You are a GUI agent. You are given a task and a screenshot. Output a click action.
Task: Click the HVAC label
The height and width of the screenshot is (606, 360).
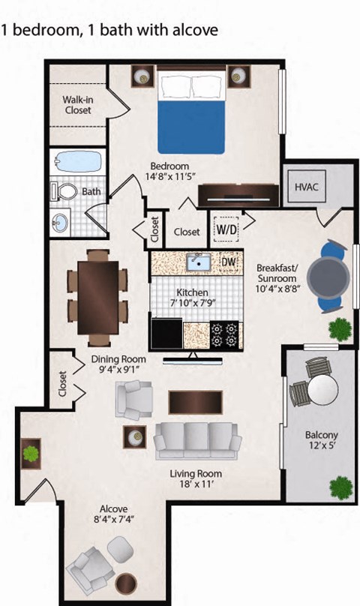(x=307, y=187)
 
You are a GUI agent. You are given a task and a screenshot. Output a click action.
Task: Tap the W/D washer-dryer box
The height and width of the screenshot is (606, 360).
(x=226, y=226)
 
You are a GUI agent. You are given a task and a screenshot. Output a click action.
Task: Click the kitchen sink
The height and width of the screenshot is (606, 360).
(x=199, y=262)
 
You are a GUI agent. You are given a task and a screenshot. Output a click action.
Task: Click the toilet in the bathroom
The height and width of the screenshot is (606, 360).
(x=67, y=191)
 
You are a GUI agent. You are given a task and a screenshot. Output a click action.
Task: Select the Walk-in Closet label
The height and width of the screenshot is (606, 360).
(x=77, y=105)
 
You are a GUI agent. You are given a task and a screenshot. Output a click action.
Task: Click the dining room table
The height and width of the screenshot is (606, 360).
(x=97, y=292)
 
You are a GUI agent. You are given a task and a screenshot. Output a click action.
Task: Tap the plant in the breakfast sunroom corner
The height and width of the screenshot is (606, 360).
(x=340, y=327)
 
